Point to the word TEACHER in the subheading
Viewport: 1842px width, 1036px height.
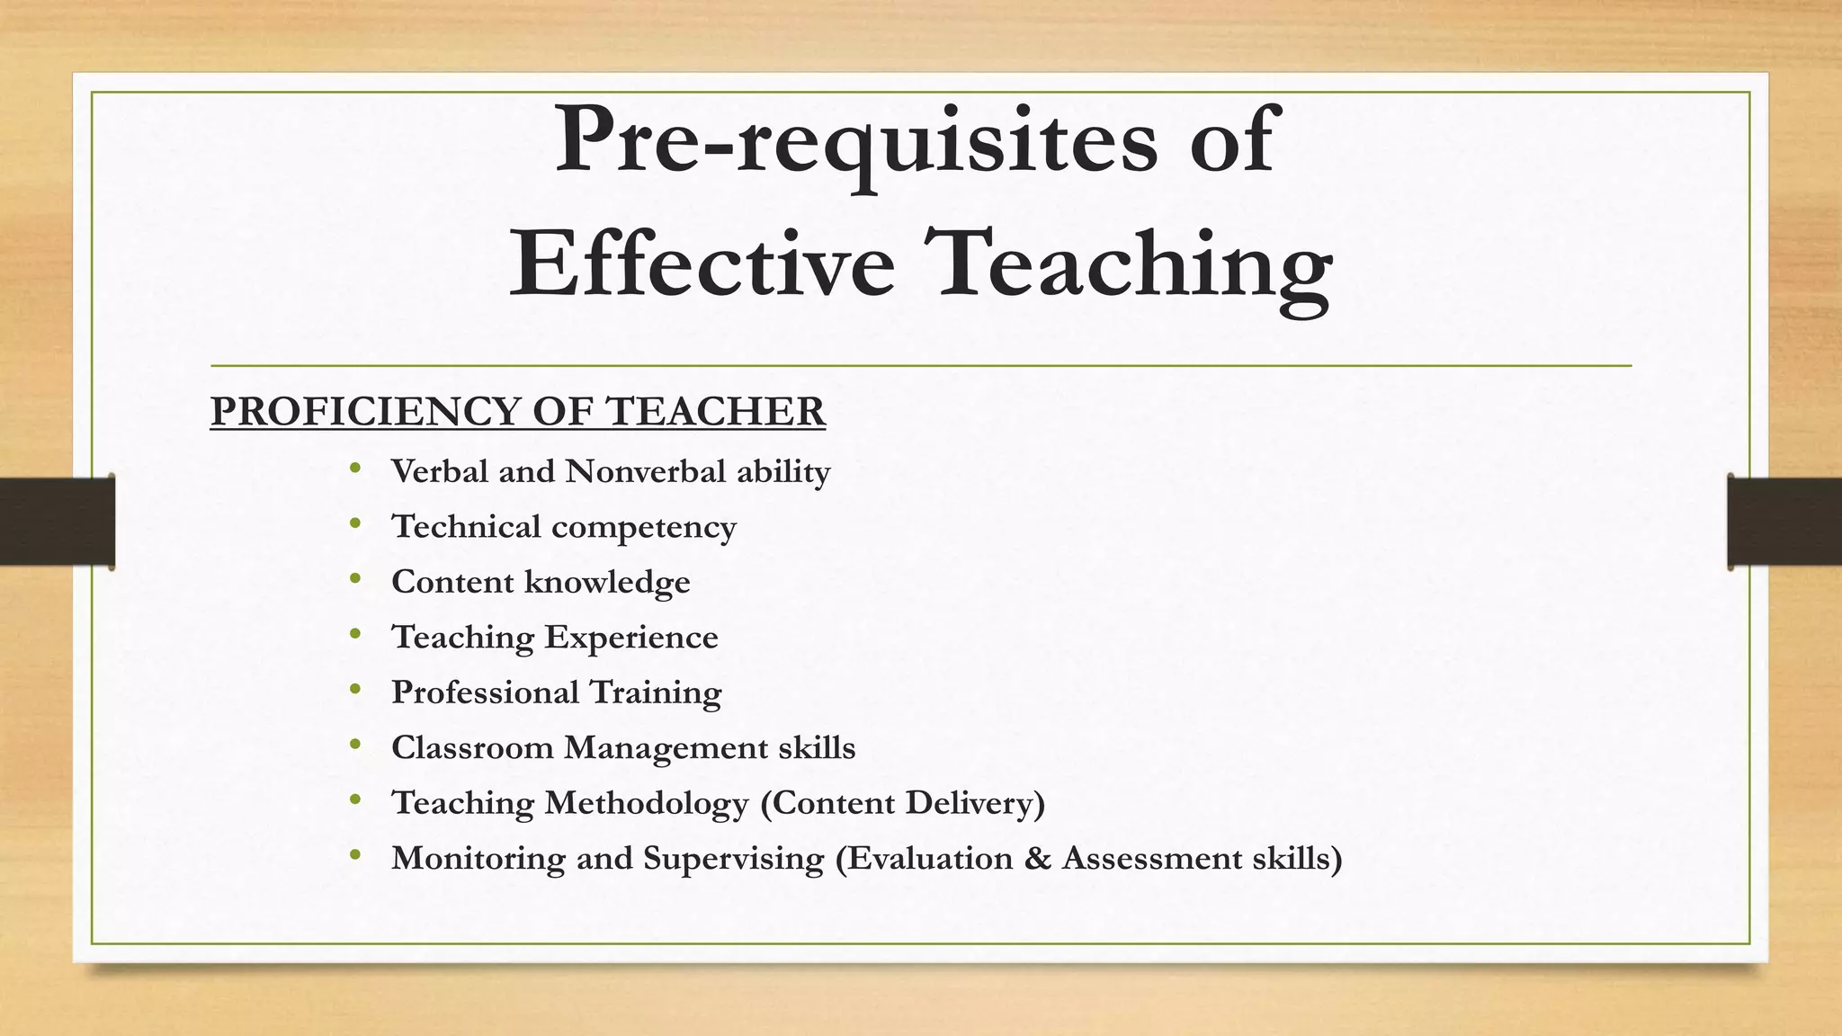[x=715, y=412]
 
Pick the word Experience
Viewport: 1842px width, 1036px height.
[x=631, y=638]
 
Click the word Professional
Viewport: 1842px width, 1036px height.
[x=486, y=692]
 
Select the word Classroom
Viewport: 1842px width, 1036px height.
[x=472, y=747]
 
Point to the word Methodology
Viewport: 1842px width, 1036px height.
[x=647, y=803]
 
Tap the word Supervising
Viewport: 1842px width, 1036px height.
[x=733, y=858]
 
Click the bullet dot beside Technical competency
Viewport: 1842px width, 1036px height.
[x=356, y=523]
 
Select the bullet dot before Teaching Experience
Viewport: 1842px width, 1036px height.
[x=356, y=634]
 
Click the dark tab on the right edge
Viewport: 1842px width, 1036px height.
[x=1784, y=522]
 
